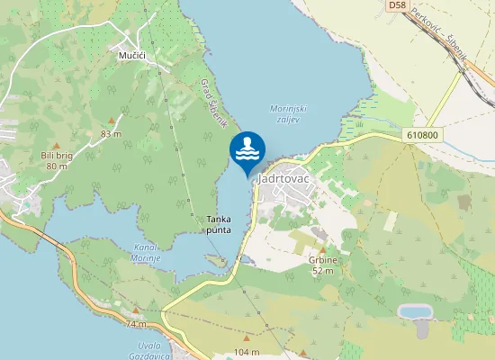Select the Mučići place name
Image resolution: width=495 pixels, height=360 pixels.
tap(132, 55)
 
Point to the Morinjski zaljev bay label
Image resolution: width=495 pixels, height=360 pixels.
tap(289, 114)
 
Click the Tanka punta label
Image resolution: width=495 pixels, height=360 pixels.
tap(219, 225)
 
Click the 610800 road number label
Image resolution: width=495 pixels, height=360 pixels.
tap(422, 136)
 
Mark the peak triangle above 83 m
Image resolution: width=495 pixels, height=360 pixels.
tap(111, 120)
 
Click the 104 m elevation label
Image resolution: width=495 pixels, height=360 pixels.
tap(246, 350)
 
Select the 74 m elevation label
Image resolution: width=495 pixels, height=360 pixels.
tap(136, 323)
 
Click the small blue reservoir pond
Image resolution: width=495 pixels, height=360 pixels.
tap(413, 311)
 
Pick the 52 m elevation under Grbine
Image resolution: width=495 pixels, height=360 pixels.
tap(323, 270)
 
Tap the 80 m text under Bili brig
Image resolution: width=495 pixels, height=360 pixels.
tap(57, 166)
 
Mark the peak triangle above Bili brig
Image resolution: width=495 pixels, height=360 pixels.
tap(56, 144)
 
